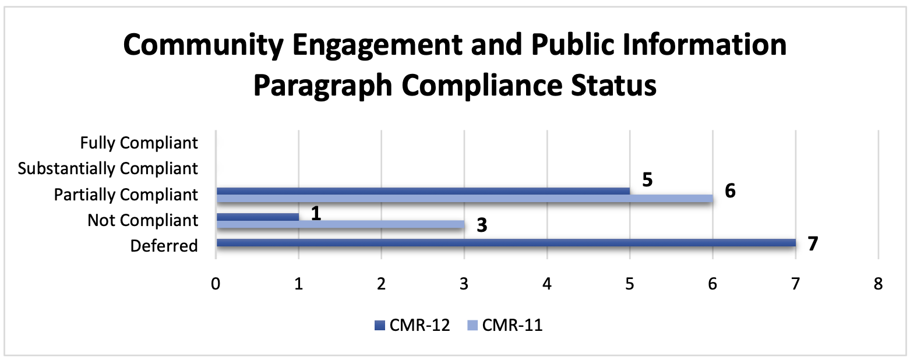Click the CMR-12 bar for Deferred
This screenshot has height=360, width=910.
tap(506, 242)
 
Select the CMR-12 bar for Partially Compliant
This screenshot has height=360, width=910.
tap(423, 190)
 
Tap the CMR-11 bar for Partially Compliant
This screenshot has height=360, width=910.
tap(464, 199)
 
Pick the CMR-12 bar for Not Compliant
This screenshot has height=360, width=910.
tap(258, 217)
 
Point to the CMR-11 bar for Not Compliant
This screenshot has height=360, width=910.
tap(340, 224)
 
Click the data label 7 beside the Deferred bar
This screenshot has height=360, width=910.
tap(813, 243)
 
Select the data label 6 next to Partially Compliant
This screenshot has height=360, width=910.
tap(730, 192)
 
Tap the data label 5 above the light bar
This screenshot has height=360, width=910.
tap(647, 179)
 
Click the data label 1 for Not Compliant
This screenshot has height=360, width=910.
tap(316, 213)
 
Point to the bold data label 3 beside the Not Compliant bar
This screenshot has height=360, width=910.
tap(481, 225)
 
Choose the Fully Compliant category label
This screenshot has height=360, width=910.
tap(139, 143)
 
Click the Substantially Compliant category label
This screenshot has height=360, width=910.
tap(108, 169)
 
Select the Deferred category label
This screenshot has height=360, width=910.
tap(164, 246)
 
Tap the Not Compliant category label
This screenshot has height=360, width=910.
tap(143, 220)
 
